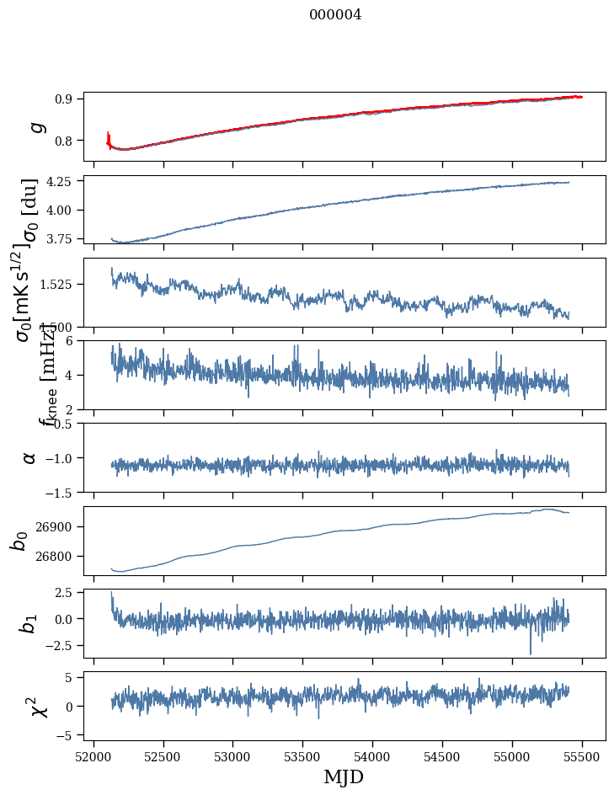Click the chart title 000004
coord(335,15)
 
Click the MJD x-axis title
coord(344,777)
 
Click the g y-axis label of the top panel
coord(36,126)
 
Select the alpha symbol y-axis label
coord(30,457)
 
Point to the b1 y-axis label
coord(29,623)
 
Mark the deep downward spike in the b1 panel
coord(531,652)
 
